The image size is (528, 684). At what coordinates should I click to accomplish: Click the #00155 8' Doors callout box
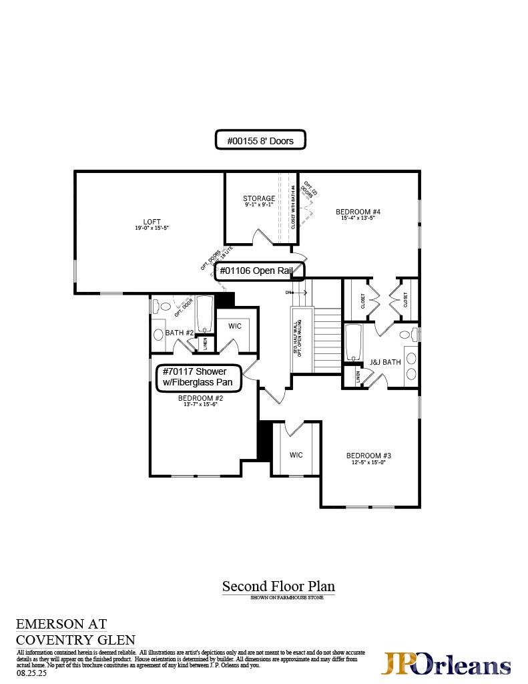click(x=260, y=140)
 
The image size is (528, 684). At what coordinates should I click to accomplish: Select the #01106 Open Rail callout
click(x=260, y=271)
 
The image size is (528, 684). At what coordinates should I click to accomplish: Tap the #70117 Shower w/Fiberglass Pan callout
click(x=200, y=376)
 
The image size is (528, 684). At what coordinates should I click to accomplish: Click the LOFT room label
click(x=152, y=222)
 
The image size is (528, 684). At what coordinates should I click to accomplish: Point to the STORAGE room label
click(x=258, y=198)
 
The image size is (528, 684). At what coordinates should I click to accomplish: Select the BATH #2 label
click(x=179, y=333)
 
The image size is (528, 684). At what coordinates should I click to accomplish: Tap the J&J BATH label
click(x=385, y=363)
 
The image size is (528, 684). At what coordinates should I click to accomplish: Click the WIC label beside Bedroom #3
click(x=296, y=455)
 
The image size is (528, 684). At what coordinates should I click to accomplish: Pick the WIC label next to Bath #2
click(x=234, y=326)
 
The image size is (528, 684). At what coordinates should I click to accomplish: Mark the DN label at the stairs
click(x=288, y=293)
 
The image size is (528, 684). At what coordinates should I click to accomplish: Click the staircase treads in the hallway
click(x=327, y=341)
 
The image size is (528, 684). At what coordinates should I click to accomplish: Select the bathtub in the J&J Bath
click(x=354, y=342)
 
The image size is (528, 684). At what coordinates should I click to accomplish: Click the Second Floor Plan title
click(x=278, y=586)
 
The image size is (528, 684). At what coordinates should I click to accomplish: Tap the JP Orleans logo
click(x=445, y=664)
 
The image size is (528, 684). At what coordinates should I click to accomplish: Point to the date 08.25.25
click(x=30, y=674)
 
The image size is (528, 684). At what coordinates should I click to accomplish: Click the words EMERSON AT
click(x=61, y=624)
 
